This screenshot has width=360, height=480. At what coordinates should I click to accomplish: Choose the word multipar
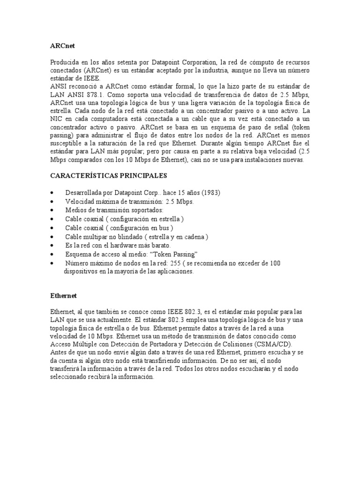(x=99, y=237)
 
